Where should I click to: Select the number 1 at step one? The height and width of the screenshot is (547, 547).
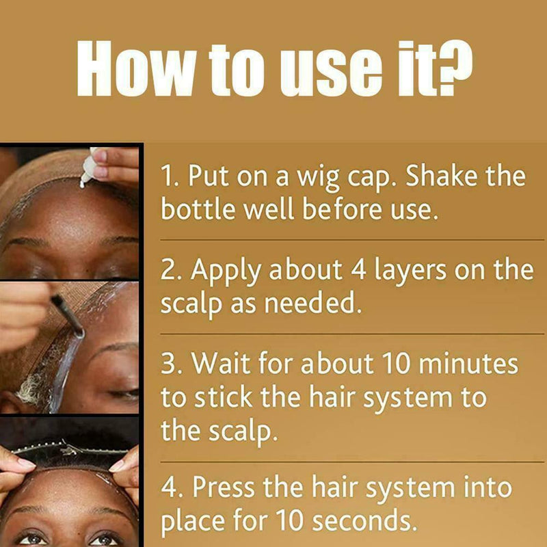click(168, 177)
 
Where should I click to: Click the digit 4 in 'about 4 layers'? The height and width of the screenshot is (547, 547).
click(356, 271)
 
